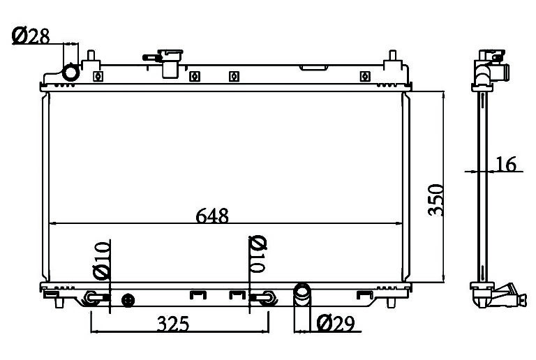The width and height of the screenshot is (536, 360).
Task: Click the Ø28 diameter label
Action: [31, 36]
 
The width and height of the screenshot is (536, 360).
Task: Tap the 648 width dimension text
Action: [212, 216]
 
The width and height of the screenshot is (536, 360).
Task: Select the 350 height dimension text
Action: [435, 200]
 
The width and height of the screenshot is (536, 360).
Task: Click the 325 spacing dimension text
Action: [173, 324]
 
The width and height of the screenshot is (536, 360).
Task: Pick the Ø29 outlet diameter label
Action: [336, 324]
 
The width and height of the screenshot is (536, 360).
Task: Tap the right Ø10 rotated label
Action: [258, 254]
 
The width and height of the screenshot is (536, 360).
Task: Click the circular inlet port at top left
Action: [70, 73]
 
